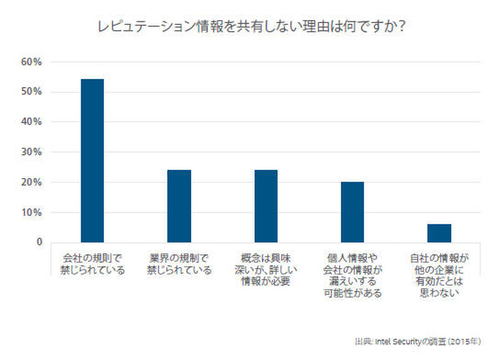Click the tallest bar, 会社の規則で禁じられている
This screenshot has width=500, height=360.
click(x=92, y=161)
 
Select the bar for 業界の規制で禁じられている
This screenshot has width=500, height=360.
click(x=179, y=206)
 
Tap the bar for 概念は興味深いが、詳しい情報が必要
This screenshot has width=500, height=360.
click(x=265, y=206)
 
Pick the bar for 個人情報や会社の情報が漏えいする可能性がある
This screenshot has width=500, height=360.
click(x=352, y=212)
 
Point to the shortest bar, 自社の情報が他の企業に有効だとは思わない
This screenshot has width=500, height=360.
click(x=439, y=232)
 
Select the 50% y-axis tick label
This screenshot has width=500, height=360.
click(x=31, y=92)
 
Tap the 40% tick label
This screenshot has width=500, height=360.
click(x=31, y=122)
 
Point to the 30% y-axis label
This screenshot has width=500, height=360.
click(x=31, y=152)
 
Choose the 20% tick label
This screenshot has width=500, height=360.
click(x=31, y=182)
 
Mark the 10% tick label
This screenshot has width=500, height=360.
click(x=31, y=212)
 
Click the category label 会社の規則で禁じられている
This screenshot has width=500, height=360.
click(x=92, y=264)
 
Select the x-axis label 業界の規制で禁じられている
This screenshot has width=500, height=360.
click(x=179, y=264)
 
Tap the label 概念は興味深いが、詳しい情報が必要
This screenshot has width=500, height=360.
click(x=265, y=269)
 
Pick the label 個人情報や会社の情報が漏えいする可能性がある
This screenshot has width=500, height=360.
click(x=352, y=275)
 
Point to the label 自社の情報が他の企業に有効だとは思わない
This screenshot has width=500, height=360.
click(x=439, y=275)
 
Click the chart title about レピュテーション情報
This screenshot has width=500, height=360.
click(x=250, y=27)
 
